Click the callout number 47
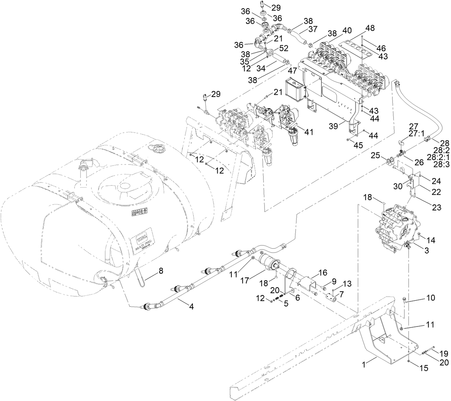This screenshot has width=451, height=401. pyautogui.click(x=292, y=70)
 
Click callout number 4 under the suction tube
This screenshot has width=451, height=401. pyautogui.click(x=191, y=306)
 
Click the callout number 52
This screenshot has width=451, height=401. pyautogui.click(x=284, y=48)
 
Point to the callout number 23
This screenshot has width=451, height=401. pyautogui.click(x=436, y=207)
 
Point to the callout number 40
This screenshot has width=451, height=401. pyautogui.click(x=347, y=30)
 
